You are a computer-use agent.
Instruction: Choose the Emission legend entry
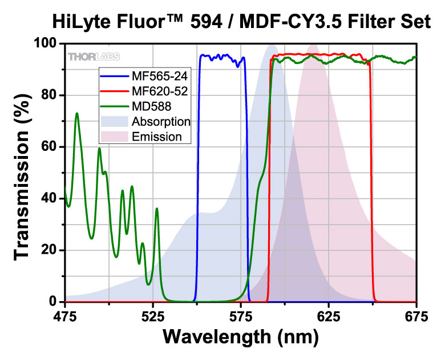156,137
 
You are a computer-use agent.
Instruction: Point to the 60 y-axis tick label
51,147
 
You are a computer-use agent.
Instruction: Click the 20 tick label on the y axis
51,250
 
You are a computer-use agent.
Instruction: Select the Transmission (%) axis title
22,172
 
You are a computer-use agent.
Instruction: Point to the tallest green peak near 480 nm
76,114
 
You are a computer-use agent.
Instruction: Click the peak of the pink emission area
313,45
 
